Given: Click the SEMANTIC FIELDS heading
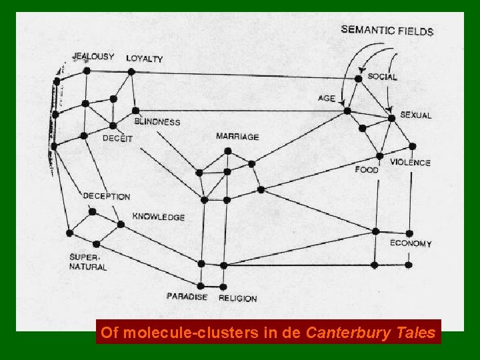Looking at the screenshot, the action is [x=387, y=30].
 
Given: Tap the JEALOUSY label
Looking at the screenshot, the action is [x=93, y=57].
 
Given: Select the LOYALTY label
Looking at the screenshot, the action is [x=144, y=59].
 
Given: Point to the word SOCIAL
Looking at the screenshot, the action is [x=382, y=77].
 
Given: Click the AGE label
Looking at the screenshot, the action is [x=327, y=98].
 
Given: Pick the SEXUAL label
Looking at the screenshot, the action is [x=415, y=115].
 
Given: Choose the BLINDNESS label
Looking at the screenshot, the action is [x=157, y=122].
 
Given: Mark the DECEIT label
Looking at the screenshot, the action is [x=117, y=138].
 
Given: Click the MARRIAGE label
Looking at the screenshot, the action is [x=237, y=137].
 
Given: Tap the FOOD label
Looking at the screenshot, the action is [x=367, y=169].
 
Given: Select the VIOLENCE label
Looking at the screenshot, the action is [x=410, y=163].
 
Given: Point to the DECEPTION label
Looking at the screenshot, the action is [x=106, y=197].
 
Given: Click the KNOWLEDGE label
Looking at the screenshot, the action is [x=159, y=217].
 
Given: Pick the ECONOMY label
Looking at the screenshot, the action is [x=411, y=243].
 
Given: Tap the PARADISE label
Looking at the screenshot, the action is [x=187, y=297].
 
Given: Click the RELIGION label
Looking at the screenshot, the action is [x=237, y=298].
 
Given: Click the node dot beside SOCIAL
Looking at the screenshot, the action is [x=358, y=79].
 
